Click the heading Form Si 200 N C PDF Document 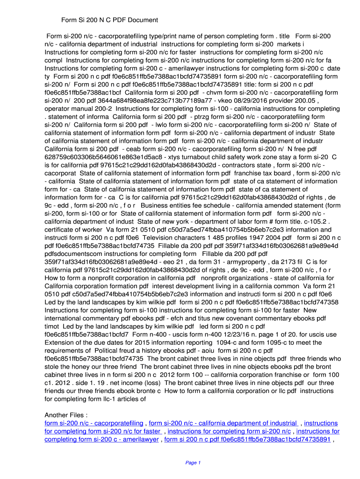coord(110,20)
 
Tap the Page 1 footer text coord(193,463)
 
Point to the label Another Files coord(66,415)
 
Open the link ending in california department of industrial coord(223,423)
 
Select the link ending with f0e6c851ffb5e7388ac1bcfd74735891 coord(247,439)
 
